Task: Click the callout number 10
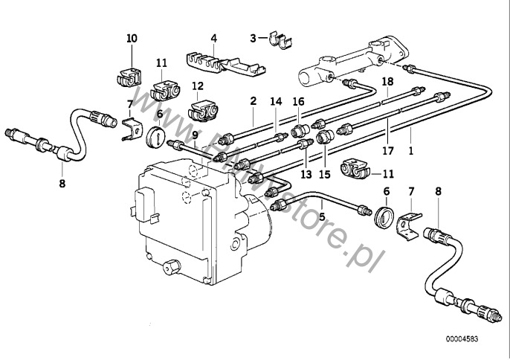(x=132, y=37)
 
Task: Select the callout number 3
(x=254, y=37)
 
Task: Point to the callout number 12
(x=197, y=86)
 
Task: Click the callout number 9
(x=195, y=135)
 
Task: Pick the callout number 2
(x=253, y=100)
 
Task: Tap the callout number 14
(x=277, y=100)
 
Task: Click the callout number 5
(x=322, y=216)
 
